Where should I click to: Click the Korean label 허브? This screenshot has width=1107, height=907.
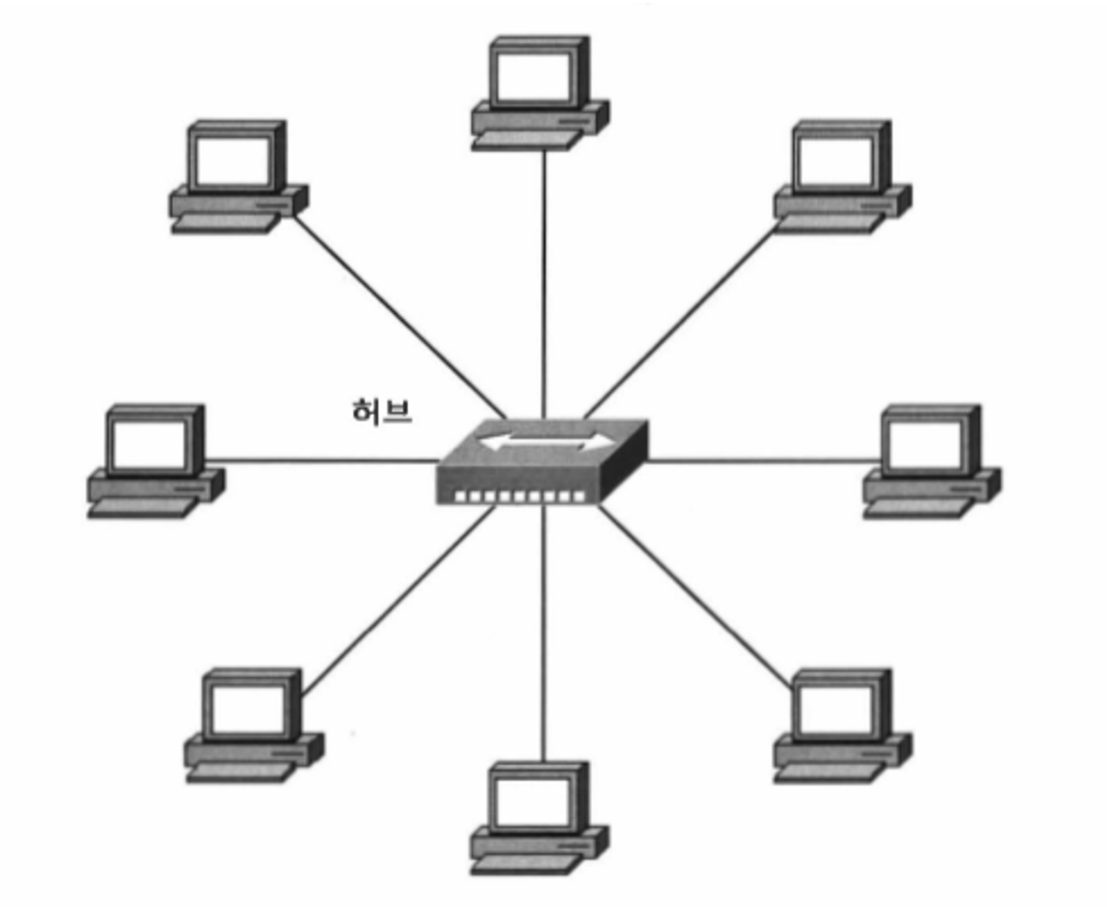(x=381, y=411)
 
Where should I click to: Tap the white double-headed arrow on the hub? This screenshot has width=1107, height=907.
(x=545, y=443)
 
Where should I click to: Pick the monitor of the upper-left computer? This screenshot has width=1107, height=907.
(x=234, y=160)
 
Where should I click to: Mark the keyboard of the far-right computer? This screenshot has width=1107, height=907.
(x=917, y=508)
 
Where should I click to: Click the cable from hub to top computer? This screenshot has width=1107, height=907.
(x=544, y=277)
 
